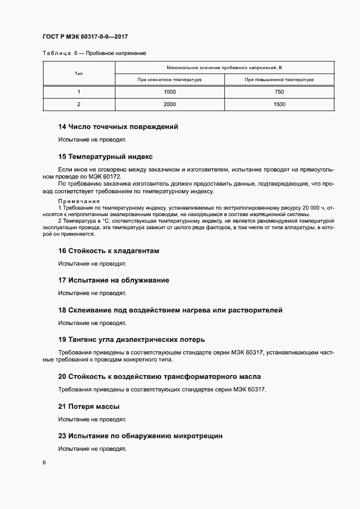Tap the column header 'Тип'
78,73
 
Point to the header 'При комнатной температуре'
169,79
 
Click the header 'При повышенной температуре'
279,79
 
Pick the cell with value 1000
169,92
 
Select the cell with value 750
279,92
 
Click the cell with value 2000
169,104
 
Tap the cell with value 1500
279,104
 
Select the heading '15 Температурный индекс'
106,156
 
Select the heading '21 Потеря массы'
89,407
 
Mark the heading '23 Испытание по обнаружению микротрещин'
140,436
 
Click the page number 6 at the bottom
44,463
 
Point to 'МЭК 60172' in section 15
107,177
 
